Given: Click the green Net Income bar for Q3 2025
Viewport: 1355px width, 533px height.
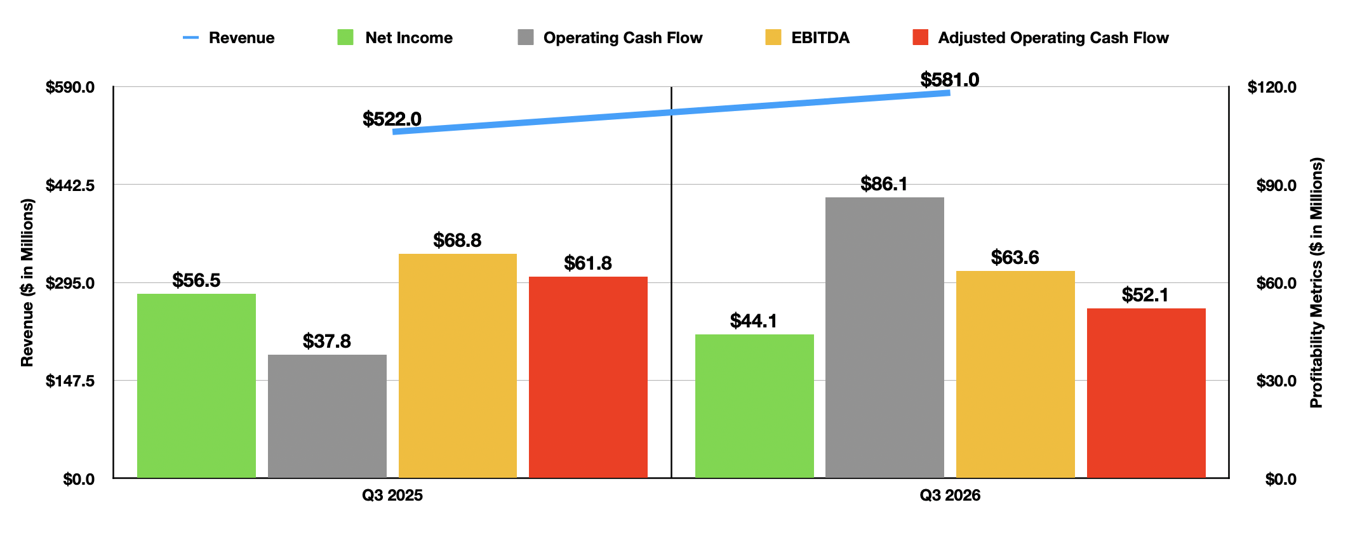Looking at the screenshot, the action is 196,386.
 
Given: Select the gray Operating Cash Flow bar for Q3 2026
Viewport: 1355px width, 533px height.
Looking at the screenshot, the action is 884,338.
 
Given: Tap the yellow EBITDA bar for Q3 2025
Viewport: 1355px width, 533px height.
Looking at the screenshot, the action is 458,365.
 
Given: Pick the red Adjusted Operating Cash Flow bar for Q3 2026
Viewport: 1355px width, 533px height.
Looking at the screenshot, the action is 1146,393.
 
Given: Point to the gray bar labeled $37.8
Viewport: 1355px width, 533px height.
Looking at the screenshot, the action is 327,416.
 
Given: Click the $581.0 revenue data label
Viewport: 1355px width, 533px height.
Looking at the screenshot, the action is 950,80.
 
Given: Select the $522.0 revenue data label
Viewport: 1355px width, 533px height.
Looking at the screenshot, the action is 392,119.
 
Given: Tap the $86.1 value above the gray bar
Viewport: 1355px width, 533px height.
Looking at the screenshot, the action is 884,184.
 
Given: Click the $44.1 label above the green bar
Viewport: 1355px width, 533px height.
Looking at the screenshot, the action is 754,321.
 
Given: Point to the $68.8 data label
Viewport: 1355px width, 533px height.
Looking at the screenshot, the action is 457,240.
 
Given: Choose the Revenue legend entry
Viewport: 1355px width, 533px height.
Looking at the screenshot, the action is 229,38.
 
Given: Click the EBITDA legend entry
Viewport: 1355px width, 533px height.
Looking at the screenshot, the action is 808,38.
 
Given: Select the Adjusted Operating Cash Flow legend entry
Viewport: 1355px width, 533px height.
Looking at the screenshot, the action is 1041,38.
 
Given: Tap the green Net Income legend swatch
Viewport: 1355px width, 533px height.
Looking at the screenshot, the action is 345,37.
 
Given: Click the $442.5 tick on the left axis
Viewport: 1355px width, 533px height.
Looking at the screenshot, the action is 70,185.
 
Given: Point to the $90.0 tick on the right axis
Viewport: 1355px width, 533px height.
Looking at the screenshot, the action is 1276,185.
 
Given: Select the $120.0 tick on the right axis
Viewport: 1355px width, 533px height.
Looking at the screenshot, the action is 1272,88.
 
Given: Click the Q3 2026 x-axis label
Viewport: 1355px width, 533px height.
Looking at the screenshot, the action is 950,496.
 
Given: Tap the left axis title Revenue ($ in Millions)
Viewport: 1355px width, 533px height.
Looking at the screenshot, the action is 27,282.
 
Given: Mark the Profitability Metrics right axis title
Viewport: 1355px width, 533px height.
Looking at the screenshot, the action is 1316,282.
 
